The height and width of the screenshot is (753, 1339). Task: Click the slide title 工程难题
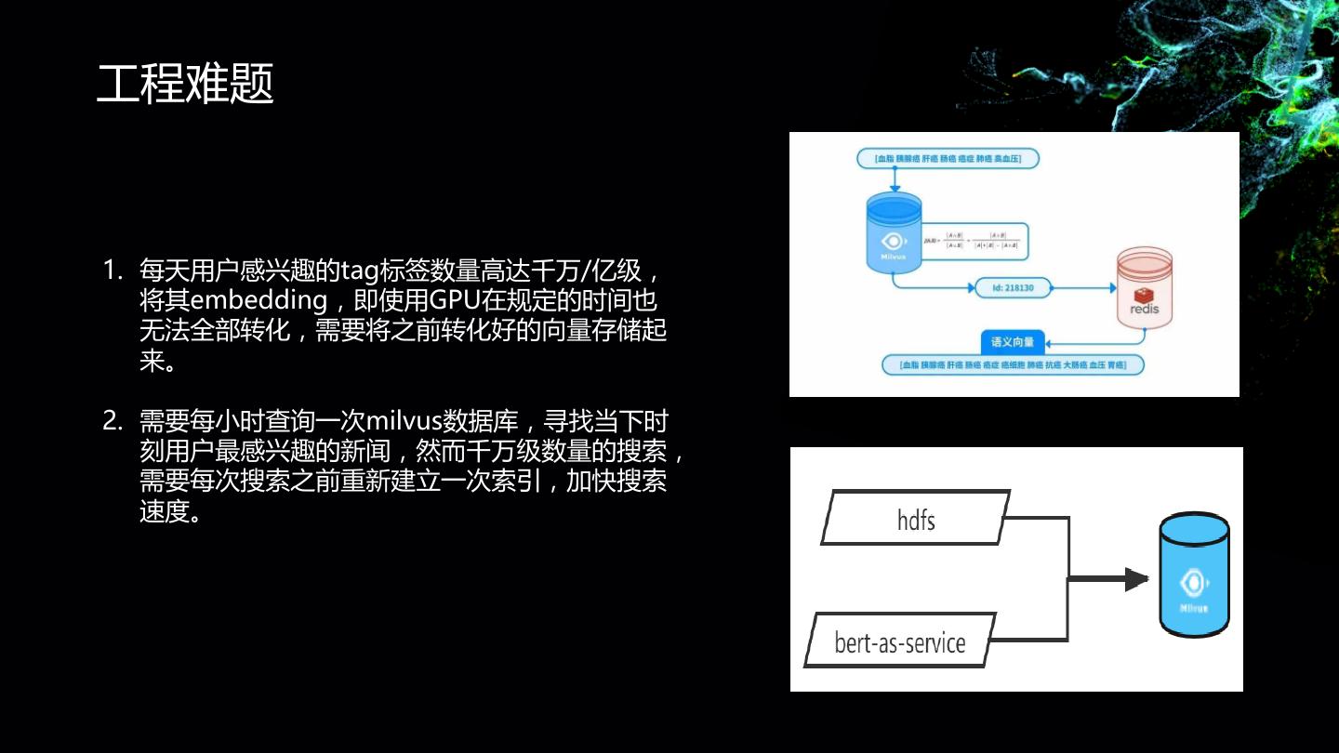185,85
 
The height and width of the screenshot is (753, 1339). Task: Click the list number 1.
113,271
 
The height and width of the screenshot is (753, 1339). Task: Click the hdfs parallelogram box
916,518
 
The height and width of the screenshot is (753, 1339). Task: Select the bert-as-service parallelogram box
900,641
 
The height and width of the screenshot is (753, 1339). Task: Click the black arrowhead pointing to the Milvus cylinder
1136,579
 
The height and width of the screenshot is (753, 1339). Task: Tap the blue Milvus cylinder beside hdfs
1194,576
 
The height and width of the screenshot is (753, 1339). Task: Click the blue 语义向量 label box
1014,341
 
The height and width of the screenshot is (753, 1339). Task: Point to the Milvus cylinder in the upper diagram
893,233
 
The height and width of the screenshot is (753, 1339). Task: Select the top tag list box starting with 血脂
948,159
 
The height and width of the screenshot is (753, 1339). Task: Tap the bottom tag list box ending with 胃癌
1013,365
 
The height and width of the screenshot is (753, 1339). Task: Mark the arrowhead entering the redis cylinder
1111,288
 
